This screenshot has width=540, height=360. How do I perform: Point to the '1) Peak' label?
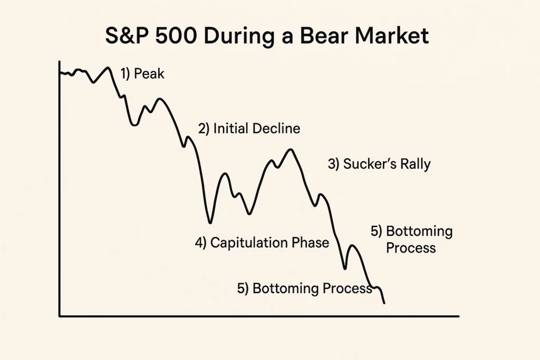tap(142, 74)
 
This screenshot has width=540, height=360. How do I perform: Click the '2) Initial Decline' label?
tap(249, 129)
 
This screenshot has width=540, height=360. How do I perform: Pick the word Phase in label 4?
tap(310, 242)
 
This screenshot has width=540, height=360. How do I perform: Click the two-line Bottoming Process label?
tap(411, 239)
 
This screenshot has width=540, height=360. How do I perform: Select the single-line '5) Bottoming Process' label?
tap(305, 288)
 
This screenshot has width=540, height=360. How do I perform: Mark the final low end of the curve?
tap(384, 303)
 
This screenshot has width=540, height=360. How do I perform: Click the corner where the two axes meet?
tap(60, 316)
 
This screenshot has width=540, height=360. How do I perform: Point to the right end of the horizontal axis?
tap(458, 316)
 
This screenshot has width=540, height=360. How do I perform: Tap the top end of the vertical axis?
tap(60, 62)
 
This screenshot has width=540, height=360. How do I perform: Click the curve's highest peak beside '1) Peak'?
tap(109, 68)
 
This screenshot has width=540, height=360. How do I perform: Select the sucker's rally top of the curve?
tap(290, 150)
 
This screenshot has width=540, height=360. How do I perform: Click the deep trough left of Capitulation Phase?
tap(210, 222)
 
